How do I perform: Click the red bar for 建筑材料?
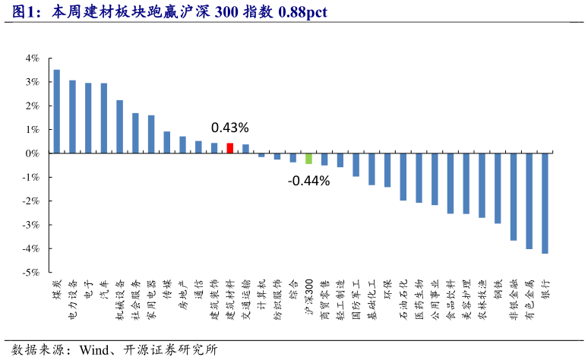click(230, 148)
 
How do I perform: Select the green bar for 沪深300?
click(308, 158)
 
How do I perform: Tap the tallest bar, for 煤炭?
click(56, 112)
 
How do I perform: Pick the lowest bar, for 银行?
click(545, 203)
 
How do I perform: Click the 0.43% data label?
click(229, 127)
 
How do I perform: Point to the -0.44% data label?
click(308, 181)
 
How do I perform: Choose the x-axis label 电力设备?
click(73, 298)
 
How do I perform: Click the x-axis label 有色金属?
click(530, 298)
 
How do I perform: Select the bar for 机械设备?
click(119, 127)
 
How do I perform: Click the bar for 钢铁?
click(498, 188)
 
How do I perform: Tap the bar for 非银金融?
click(514, 197)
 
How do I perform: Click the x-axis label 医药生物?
click(419, 298)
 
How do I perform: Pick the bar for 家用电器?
click(151, 134)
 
